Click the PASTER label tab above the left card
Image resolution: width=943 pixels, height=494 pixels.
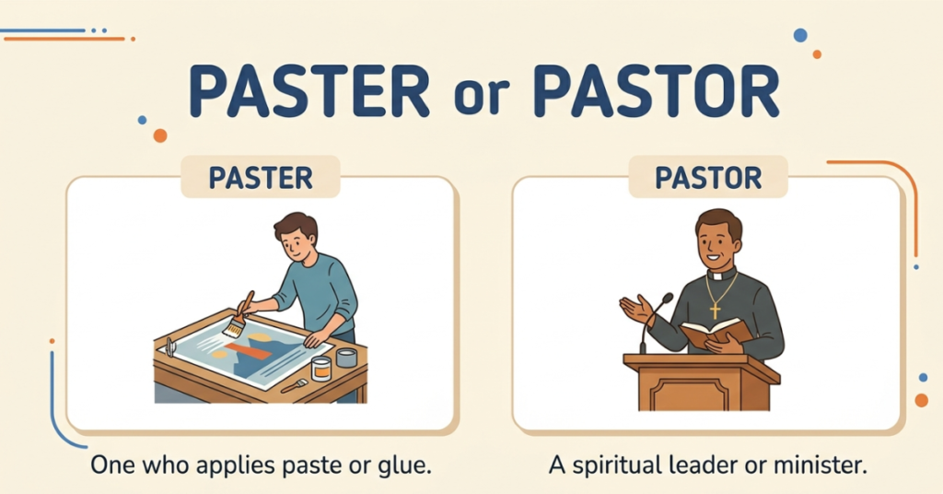pos(261,177)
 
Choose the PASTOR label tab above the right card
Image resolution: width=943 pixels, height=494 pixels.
pos(708,177)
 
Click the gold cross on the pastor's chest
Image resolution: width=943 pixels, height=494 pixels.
pos(715,311)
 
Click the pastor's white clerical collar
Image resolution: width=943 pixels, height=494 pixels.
pos(721,274)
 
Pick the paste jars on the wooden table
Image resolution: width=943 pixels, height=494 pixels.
pos(332,363)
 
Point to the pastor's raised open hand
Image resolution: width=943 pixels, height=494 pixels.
pos(634,307)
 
